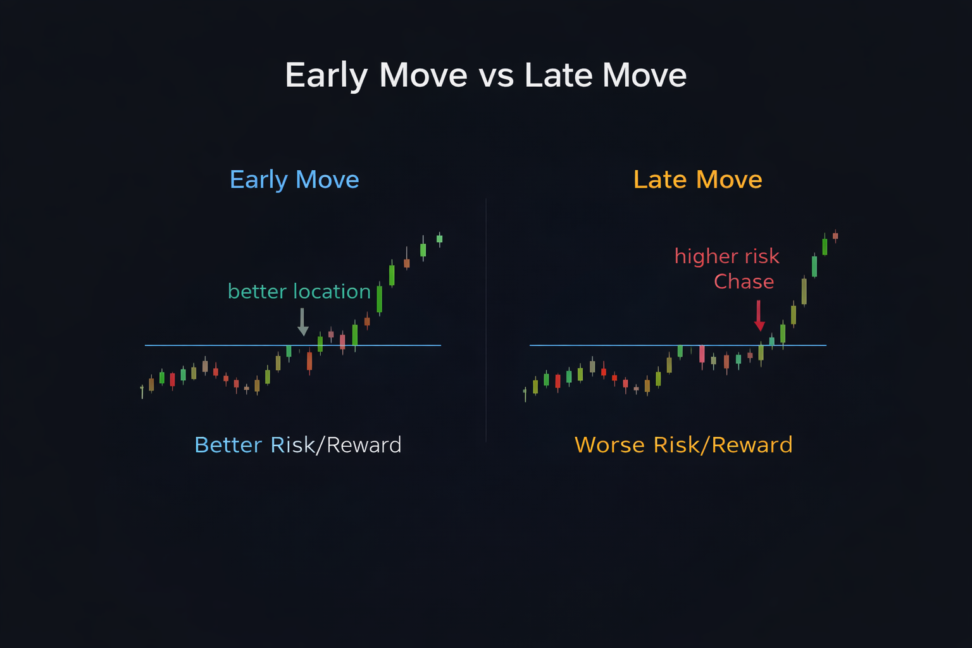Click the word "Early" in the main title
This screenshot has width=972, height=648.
326,76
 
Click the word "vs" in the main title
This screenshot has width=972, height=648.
495,76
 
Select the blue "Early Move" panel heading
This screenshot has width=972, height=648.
294,180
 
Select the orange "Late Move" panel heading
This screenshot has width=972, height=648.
697,180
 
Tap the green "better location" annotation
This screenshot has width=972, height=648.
299,292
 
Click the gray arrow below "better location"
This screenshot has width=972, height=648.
302,322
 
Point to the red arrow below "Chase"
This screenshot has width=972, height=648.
759,316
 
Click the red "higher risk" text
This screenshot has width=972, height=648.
726,256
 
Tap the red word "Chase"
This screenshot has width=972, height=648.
744,282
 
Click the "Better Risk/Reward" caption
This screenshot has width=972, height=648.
297,445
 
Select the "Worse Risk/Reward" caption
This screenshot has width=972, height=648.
683,445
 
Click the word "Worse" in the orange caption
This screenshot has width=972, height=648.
610,445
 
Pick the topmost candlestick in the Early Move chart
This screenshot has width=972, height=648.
439,239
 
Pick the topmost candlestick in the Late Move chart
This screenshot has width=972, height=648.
835,236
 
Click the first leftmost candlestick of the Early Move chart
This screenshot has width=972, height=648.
142,390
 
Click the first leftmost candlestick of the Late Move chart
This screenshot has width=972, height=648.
525,394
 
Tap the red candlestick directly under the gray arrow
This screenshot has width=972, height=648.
309,361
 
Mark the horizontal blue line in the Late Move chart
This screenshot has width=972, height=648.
601,346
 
